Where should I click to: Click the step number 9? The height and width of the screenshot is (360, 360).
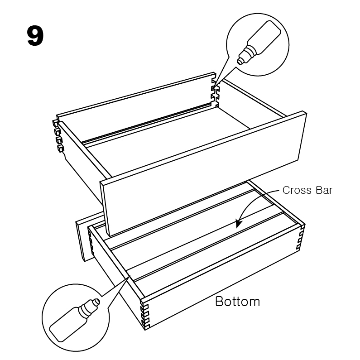[x=35, y=36]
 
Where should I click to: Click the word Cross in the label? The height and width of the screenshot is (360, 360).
[x=297, y=190]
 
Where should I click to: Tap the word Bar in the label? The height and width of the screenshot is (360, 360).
[x=324, y=190]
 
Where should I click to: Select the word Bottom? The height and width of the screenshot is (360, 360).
[x=238, y=301]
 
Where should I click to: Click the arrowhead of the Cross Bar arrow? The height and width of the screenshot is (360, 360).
[x=238, y=223]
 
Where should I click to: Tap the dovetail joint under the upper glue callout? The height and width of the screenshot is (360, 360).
[x=215, y=93]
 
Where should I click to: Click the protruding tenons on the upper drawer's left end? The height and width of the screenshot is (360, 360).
[x=58, y=135]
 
